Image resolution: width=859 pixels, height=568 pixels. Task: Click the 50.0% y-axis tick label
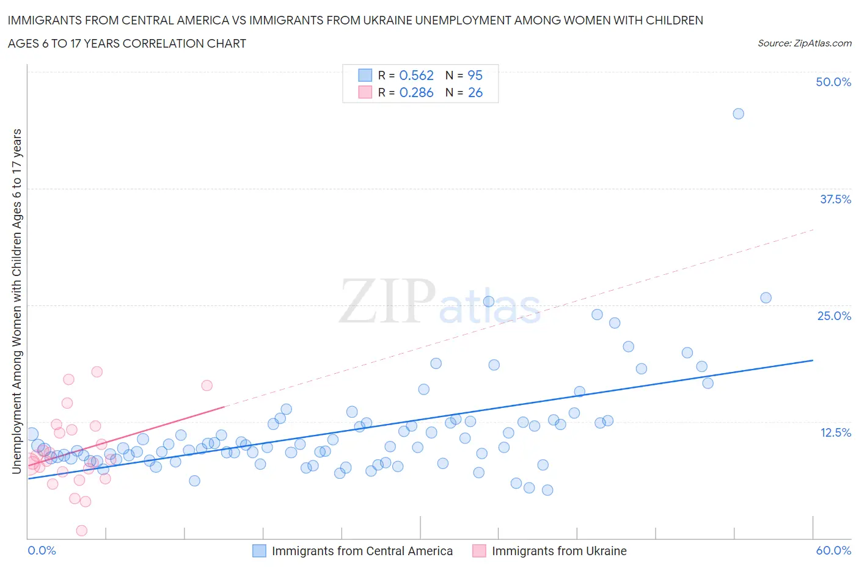pyautogui.click(x=833, y=82)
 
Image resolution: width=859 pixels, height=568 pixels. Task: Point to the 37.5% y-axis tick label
pyautogui.click(x=835, y=199)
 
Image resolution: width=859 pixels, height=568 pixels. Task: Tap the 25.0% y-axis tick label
pyautogui.click(x=834, y=316)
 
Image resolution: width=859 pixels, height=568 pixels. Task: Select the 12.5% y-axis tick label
pyautogui.click(x=835, y=432)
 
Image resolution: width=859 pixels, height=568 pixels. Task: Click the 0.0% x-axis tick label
pyautogui.click(x=42, y=550)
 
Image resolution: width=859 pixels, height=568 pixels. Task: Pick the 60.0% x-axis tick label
pyautogui.click(x=833, y=550)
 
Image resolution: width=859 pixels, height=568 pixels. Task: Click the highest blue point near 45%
pyautogui.click(x=738, y=114)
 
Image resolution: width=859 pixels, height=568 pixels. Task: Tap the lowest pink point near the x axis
pyautogui.click(x=81, y=530)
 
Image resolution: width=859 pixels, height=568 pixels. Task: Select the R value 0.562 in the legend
pyautogui.click(x=416, y=75)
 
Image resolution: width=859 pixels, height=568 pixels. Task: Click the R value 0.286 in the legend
pyautogui.click(x=416, y=92)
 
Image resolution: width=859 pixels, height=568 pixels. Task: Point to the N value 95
pyautogui.click(x=475, y=75)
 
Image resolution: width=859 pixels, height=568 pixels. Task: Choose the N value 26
pyautogui.click(x=475, y=92)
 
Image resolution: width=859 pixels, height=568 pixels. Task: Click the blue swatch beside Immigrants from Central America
pyautogui.click(x=259, y=551)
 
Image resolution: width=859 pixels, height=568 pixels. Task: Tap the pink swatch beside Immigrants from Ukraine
pyautogui.click(x=479, y=551)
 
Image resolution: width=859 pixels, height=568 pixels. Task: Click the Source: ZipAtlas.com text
pyautogui.click(x=804, y=43)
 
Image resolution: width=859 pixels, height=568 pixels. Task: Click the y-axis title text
pyautogui.click(x=16, y=301)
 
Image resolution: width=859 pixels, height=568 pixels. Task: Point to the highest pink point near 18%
pyautogui.click(x=97, y=371)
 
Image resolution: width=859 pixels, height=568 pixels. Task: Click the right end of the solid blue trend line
pyautogui.click(x=813, y=360)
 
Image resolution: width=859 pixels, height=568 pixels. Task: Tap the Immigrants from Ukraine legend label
pyautogui.click(x=559, y=551)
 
